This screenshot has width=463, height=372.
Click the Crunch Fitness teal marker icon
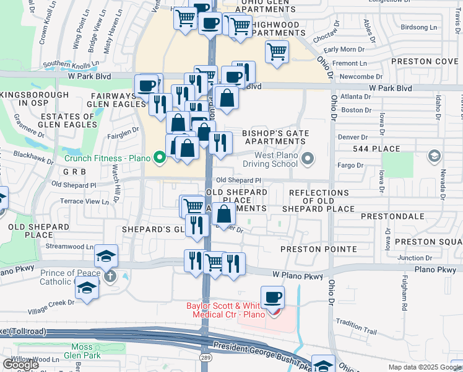tap(160, 157)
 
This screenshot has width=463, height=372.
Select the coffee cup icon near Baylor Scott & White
tap(272, 297)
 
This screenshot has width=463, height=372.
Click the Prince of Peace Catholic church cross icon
tap(110, 275)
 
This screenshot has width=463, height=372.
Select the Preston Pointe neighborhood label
tap(318, 249)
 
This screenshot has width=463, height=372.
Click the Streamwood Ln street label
tap(69, 246)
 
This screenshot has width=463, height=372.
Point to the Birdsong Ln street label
tap(418, 27)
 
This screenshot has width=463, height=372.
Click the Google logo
tap(20, 365)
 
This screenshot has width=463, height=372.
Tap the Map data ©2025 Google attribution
tap(424, 367)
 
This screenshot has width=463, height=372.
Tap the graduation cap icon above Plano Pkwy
tap(106, 255)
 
